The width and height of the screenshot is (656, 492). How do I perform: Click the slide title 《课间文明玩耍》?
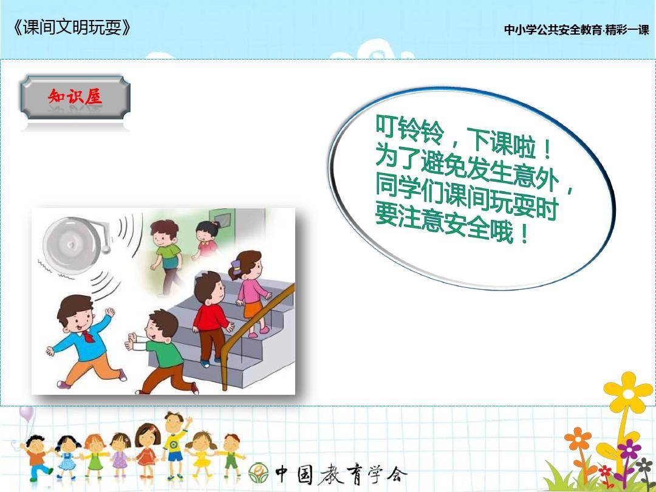(72, 28)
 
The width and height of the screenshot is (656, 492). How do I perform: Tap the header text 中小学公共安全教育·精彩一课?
(576, 30)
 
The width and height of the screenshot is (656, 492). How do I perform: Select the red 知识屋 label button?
(75, 97)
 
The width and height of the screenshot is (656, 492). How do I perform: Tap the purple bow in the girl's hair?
(236, 265)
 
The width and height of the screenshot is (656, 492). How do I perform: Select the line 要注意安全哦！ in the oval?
(452, 227)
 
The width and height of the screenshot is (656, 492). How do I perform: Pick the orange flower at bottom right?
(578, 439)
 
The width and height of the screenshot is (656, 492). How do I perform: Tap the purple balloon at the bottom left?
(26, 414)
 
